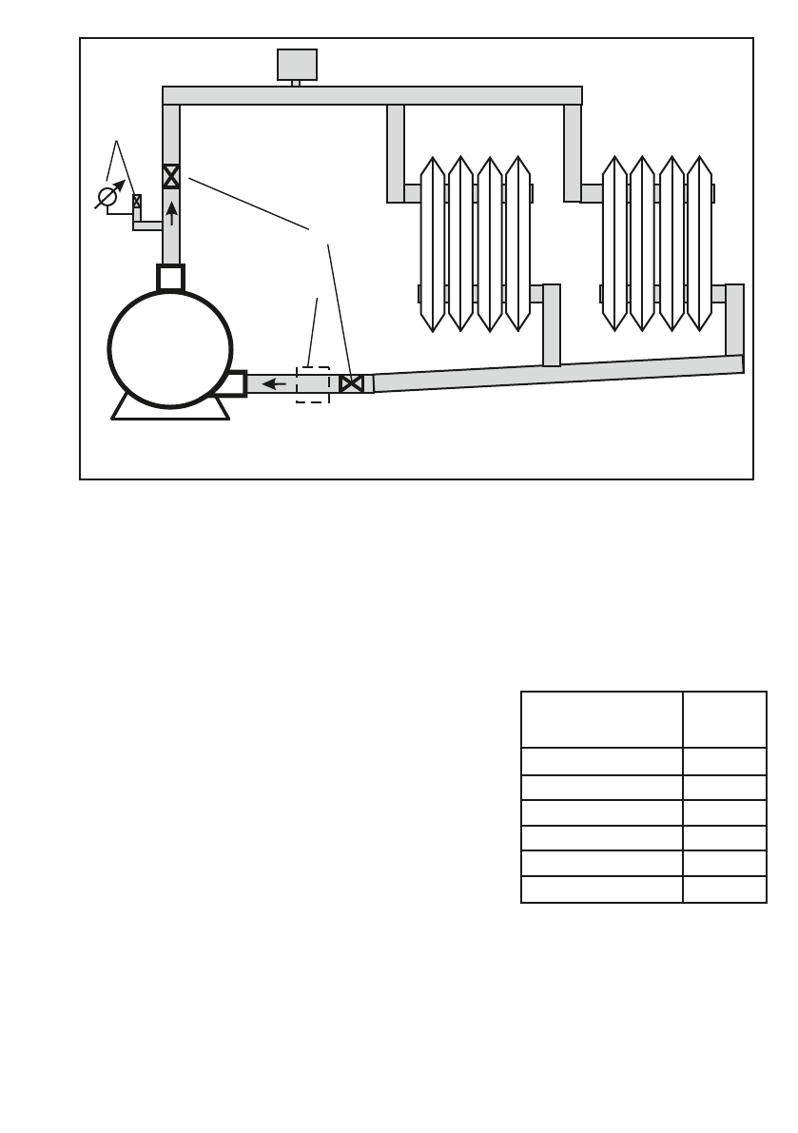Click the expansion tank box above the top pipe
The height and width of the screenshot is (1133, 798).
[x=297, y=64]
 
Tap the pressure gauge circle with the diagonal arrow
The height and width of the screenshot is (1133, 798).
[x=108, y=197]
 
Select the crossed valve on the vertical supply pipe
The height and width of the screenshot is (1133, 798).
[x=171, y=176]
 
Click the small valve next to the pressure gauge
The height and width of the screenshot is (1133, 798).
[x=137, y=201]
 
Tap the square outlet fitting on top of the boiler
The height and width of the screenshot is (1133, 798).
[x=170, y=278]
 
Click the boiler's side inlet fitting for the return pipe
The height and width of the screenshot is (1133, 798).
[x=232, y=383]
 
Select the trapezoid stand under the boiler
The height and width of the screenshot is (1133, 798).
[x=171, y=409]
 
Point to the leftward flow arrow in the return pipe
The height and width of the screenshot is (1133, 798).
[x=275, y=384]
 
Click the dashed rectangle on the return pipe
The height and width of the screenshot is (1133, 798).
[x=312, y=383]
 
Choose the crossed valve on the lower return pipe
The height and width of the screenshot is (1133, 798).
[x=351, y=384]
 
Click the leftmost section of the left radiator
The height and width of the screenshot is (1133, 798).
[x=433, y=244]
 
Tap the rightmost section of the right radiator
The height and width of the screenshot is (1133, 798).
[x=699, y=244]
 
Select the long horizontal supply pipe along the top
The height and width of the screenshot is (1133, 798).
[x=372, y=95]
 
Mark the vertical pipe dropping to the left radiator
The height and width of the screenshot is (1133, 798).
[x=396, y=152]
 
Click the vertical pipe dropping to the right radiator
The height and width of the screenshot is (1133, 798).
[x=573, y=152]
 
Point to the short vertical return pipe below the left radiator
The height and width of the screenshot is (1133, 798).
[x=552, y=325]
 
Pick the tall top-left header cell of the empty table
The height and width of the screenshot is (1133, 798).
[x=601, y=719]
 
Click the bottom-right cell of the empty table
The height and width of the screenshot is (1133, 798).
[x=724, y=890]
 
